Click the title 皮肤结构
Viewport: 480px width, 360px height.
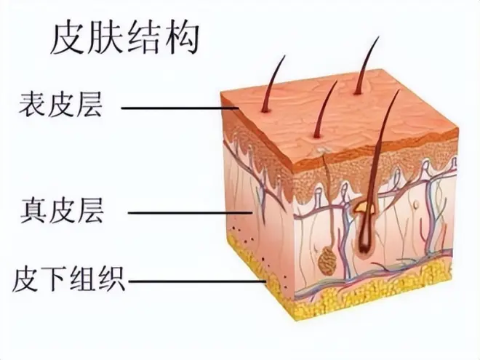(125, 39)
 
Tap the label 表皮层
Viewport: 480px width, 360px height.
(60, 105)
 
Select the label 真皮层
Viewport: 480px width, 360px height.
(62, 211)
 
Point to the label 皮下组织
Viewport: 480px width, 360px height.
(69, 279)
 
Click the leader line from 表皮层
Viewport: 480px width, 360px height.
(180, 108)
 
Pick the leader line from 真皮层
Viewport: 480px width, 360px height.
(190, 212)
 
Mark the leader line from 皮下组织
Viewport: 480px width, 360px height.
(197, 281)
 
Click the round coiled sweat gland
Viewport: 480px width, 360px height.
(327, 261)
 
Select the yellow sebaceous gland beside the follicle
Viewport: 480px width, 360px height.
(364, 208)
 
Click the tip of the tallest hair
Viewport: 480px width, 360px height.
(378, 37)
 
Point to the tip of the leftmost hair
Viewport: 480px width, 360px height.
(284, 56)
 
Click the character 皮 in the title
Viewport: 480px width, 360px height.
(68, 39)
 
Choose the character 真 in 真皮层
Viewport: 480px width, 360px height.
(33, 211)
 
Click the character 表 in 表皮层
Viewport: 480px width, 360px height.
(33, 105)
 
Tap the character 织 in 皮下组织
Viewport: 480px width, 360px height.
(111, 279)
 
